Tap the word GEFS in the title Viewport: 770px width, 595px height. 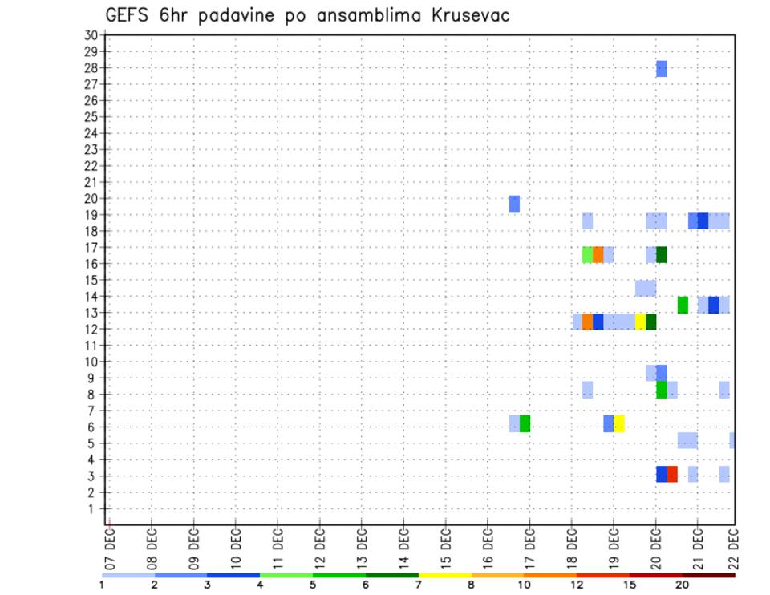[x=127, y=15]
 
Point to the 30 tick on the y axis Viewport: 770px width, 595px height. [x=91, y=35]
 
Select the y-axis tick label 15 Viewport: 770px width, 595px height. [x=91, y=280]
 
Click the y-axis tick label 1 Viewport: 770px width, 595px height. [x=94, y=508]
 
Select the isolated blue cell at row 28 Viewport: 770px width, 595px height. [x=662, y=69]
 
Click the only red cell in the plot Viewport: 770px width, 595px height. [x=672, y=474]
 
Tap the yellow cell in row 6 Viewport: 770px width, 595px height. [x=619, y=423]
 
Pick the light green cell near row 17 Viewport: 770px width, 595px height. [x=588, y=255]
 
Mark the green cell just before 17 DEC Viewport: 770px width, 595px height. [x=525, y=423]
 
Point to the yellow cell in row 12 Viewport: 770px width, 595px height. [x=640, y=322]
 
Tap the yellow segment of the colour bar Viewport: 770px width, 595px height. [x=444, y=575]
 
